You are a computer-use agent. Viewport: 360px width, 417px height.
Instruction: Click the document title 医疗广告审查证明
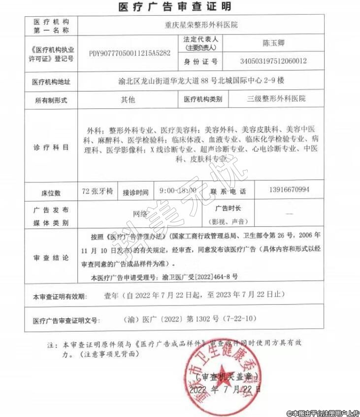tap(175, 6)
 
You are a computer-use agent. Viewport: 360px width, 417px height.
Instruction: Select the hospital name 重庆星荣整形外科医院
tap(201, 24)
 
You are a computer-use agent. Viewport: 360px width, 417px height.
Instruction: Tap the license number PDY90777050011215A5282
tap(130, 53)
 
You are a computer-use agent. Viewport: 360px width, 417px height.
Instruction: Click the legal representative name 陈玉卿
tap(274, 43)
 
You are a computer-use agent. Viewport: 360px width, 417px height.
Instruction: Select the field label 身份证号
tap(200, 62)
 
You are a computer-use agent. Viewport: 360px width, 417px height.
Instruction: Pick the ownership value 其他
tap(128, 99)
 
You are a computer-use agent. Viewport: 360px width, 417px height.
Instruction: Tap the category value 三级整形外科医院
tap(276, 99)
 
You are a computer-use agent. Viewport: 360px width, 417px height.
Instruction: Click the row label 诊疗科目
tap(51, 147)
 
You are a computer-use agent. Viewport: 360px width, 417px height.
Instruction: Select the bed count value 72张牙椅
tap(98, 191)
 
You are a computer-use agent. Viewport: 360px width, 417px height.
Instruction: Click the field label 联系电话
tap(228, 191)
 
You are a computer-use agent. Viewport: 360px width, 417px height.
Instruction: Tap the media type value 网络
tap(140, 213)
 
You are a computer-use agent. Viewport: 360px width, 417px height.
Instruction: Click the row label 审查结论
tap(51, 257)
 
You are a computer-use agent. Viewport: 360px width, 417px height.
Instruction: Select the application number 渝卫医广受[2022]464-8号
tap(194, 278)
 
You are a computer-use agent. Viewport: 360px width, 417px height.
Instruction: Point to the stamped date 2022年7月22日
tap(225, 389)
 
